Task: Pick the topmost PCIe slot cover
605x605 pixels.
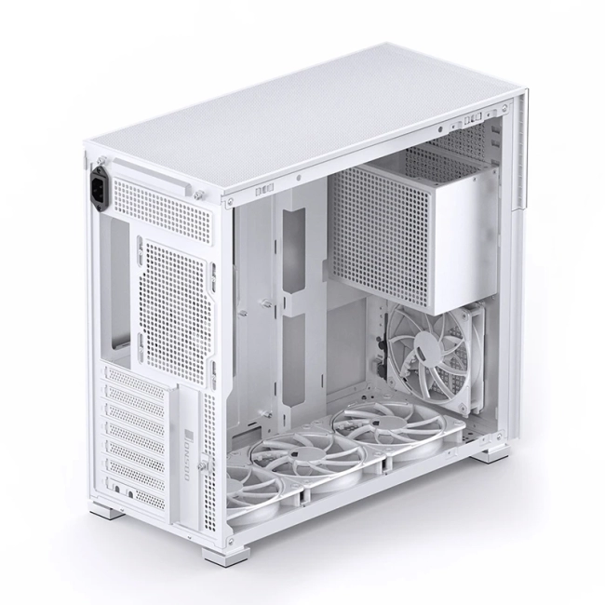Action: (x=136, y=377)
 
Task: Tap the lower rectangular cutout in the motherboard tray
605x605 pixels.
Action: (x=294, y=354)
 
